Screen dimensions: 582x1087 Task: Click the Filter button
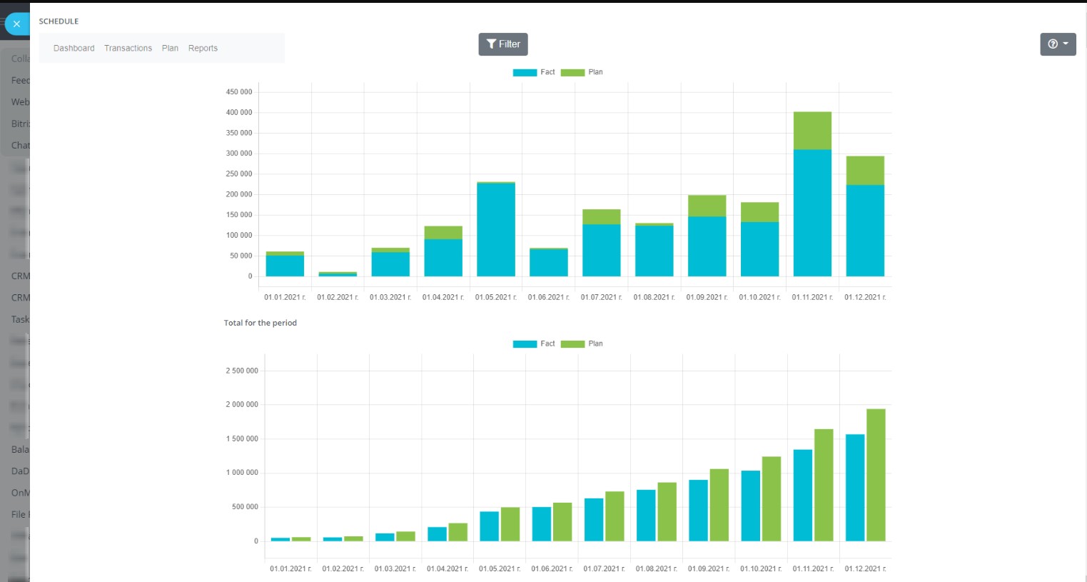tap(503, 44)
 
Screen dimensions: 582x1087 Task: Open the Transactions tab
tap(128, 49)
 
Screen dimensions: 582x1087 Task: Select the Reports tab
tap(203, 49)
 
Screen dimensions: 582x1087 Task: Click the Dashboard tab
tap(74, 49)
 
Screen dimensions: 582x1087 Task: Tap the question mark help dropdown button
tap(1058, 44)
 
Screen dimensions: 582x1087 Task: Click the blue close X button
tap(16, 24)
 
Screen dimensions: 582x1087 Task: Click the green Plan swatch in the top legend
tap(572, 73)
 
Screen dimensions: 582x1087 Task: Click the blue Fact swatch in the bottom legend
tap(525, 344)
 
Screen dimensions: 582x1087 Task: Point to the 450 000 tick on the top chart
tap(239, 92)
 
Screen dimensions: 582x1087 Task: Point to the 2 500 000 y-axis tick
tap(242, 371)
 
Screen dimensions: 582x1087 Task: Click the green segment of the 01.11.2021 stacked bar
tap(812, 131)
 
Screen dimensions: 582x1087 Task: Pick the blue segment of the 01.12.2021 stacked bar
tap(865, 231)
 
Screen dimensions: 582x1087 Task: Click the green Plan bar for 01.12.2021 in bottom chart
tap(876, 475)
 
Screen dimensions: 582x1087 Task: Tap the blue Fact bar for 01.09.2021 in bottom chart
tap(698, 511)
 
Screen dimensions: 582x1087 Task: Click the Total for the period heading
tap(261, 323)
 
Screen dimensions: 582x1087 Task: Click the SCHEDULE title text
tap(59, 21)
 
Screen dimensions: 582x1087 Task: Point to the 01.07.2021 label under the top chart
tap(601, 298)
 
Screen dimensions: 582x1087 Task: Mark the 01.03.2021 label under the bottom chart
tap(395, 569)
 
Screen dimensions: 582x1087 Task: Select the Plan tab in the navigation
tap(170, 49)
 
